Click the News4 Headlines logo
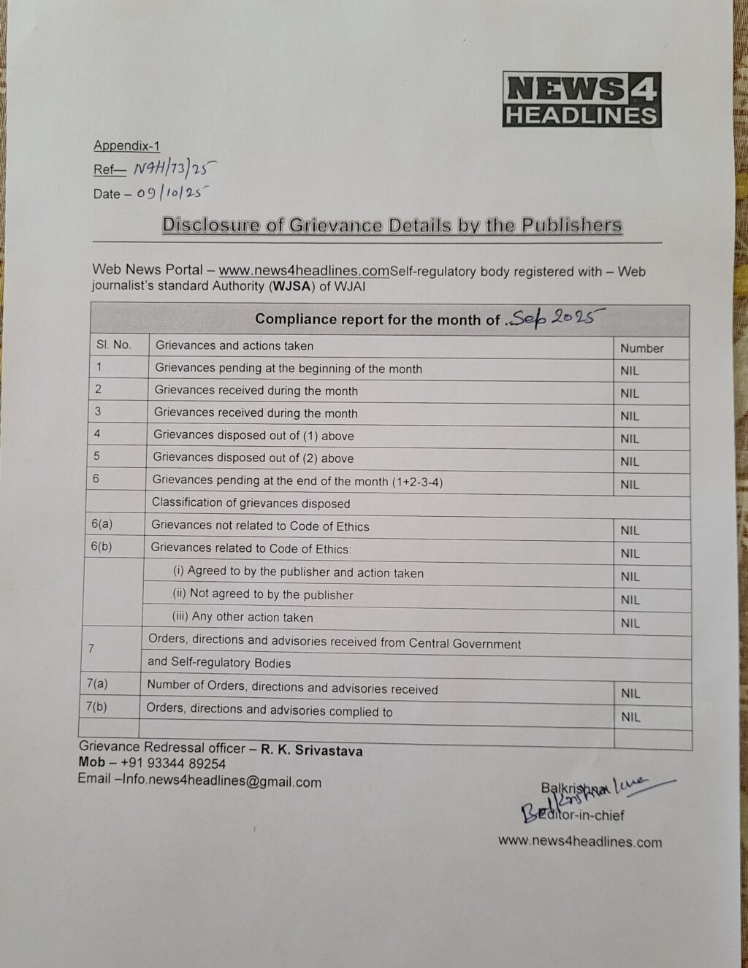581,100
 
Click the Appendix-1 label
126,145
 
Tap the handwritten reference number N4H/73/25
175,169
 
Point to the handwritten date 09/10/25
172,193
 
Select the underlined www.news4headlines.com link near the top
303,271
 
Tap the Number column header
641,348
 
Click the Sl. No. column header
113,345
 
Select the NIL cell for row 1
630,371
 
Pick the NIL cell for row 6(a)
630,531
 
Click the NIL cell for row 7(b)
630,717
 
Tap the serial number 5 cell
96,456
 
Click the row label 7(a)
96,684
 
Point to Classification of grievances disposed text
251,503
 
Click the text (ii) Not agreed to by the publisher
263,594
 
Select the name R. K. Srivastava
311,750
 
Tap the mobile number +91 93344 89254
172,764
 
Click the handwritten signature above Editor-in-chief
599,792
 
